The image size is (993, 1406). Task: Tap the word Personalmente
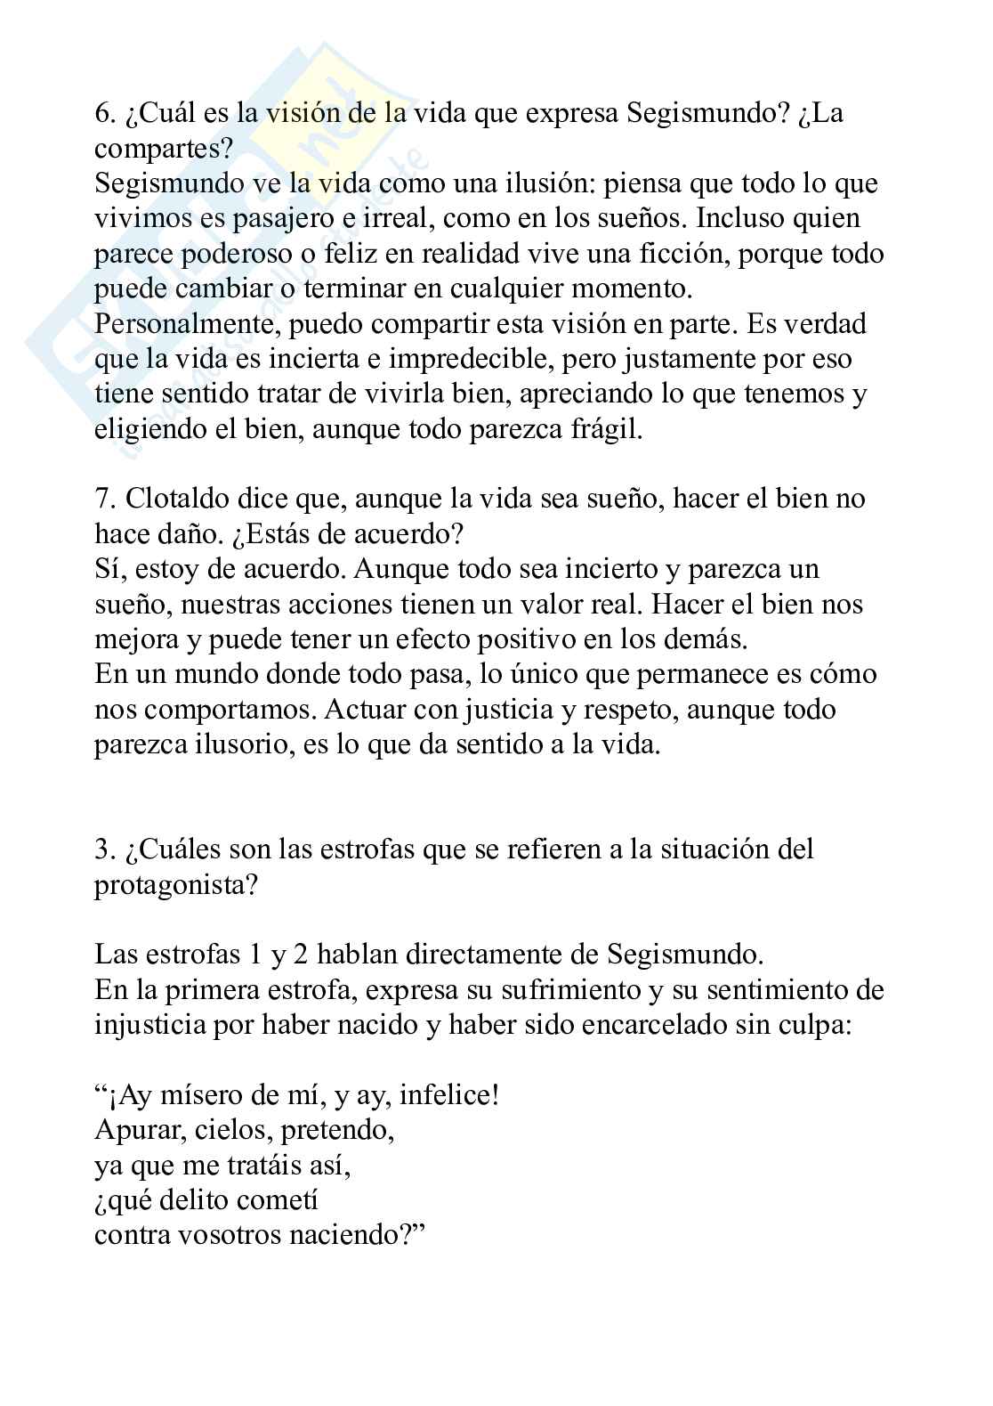click(x=189, y=324)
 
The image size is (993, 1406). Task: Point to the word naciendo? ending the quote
click(x=361, y=1236)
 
